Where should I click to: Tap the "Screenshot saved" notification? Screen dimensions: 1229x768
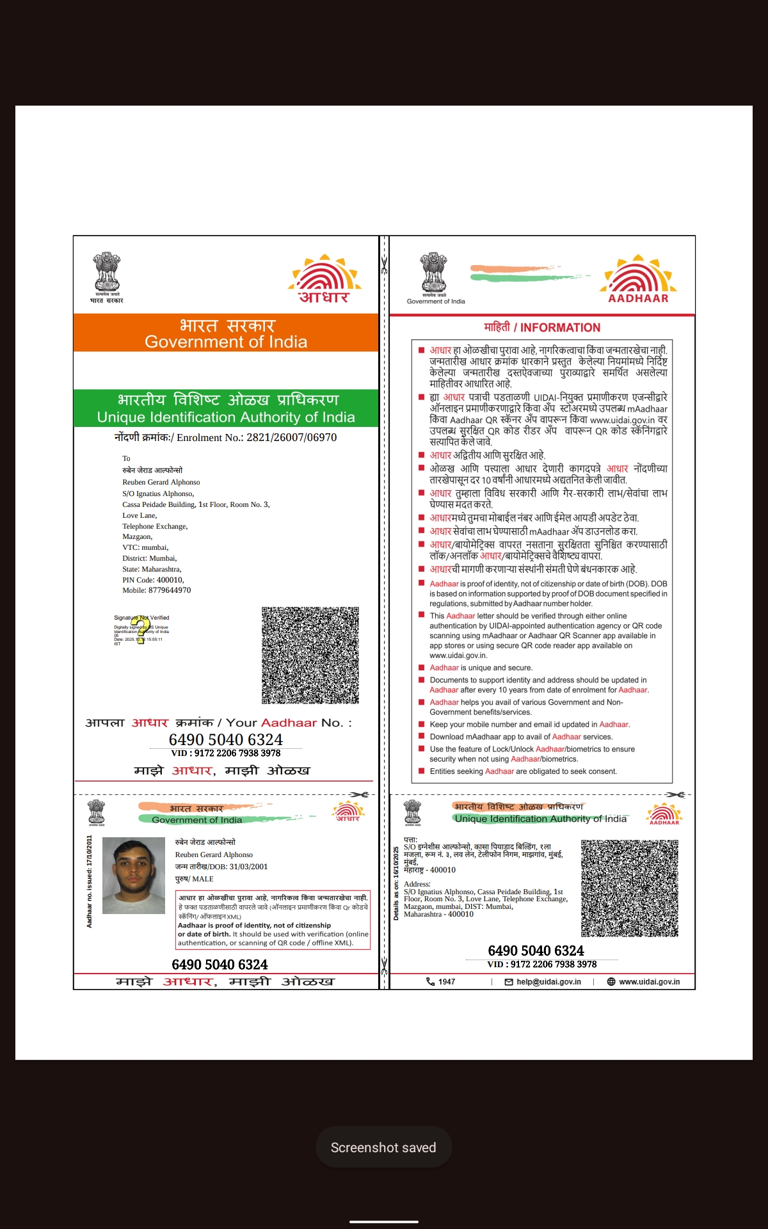[383, 1148]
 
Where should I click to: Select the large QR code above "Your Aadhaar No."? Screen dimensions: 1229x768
[310, 655]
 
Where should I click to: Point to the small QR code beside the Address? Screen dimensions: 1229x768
[629, 888]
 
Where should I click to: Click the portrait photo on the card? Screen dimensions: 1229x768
[133, 876]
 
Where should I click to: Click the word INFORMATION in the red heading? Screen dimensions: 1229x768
[560, 328]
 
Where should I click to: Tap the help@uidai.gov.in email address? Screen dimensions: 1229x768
[548, 981]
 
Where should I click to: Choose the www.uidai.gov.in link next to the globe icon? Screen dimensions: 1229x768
[649, 981]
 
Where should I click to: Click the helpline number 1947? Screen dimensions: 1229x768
[447, 981]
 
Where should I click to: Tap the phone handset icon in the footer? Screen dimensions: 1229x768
[430, 981]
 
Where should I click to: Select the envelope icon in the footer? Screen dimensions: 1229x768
[509, 982]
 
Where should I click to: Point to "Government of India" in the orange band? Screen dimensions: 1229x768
[226, 342]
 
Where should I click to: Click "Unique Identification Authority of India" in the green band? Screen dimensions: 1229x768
[226, 417]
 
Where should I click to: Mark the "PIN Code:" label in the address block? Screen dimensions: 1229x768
[138, 580]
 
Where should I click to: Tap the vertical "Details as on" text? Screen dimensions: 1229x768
[396, 883]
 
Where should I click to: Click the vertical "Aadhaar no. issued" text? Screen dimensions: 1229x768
[90, 881]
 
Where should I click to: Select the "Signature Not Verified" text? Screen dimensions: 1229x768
[141, 618]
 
